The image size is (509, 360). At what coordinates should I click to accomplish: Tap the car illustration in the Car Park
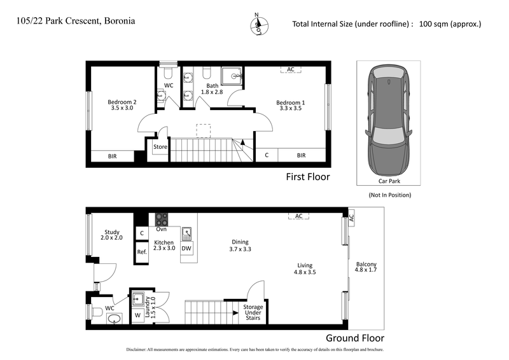[388, 123]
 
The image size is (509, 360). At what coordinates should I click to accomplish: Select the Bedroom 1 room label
[290, 106]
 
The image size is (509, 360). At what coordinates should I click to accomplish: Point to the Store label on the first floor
[160, 147]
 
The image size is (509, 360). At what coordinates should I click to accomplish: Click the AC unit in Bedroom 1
[290, 69]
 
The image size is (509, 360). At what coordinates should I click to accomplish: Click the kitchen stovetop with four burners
[162, 219]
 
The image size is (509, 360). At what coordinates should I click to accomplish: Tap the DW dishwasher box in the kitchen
[186, 249]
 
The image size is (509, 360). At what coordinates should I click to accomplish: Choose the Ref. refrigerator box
[142, 252]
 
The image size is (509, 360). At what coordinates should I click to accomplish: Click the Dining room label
[240, 246]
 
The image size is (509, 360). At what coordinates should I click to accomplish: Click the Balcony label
[366, 268]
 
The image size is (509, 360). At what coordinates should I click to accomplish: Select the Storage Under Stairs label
[253, 312]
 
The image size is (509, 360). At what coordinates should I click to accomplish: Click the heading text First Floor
[307, 177]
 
